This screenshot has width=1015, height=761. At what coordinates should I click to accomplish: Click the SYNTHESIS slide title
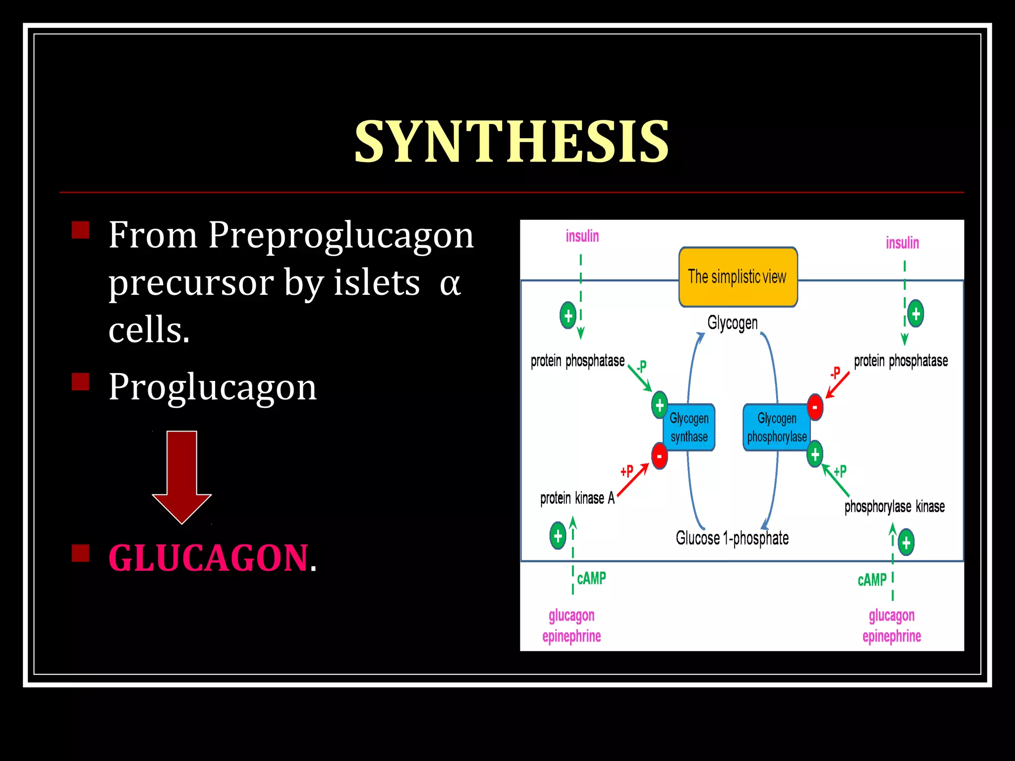pyautogui.click(x=511, y=142)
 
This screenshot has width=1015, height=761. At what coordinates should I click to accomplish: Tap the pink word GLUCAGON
pyautogui.click(x=208, y=558)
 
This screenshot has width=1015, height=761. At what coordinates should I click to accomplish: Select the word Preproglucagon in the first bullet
pyautogui.click(x=340, y=235)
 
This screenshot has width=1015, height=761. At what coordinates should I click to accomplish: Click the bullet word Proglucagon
pyautogui.click(x=212, y=387)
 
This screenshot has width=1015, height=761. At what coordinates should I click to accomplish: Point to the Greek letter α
pyautogui.click(x=450, y=284)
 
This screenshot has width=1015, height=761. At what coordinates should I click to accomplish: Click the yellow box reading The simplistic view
pyautogui.click(x=737, y=277)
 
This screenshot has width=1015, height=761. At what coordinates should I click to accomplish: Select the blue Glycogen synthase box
pyautogui.click(x=689, y=428)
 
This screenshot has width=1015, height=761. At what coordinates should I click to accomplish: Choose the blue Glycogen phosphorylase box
pyautogui.click(x=777, y=428)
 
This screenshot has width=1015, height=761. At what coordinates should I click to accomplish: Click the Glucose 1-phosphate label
pyautogui.click(x=732, y=538)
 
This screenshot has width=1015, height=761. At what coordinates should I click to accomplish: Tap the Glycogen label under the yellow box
pyautogui.click(x=733, y=323)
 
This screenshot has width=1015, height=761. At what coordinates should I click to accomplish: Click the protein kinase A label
pyautogui.click(x=577, y=498)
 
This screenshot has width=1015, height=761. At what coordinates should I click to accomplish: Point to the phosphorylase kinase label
pyautogui.click(x=894, y=506)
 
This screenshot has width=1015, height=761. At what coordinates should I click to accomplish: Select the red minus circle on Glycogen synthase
pyautogui.click(x=659, y=456)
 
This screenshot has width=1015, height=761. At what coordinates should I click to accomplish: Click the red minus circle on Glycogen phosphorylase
pyautogui.click(x=815, y=407)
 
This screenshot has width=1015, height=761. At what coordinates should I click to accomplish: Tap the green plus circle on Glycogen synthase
pyautogui.click(x=659, y=405)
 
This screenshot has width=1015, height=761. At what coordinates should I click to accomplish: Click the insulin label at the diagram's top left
pyautogui.click(x=582, y=236)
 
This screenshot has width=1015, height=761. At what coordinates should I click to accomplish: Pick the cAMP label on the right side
pyautogui.click(x=872, y=580)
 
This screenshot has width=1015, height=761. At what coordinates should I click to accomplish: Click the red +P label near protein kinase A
pyautogui.click(x=626, y=471)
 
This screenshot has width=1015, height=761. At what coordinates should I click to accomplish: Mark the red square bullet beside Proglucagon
pyautogui.click(x=80, y=382)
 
